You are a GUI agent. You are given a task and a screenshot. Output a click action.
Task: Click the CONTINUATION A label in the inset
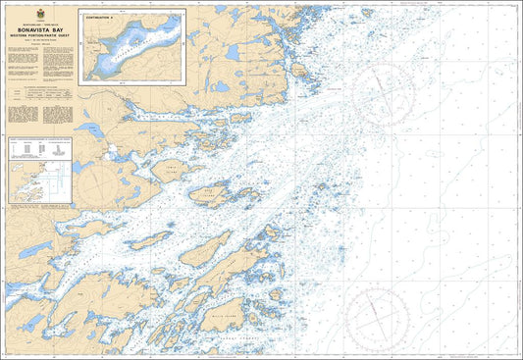pyautogui.click(x=101, y=18)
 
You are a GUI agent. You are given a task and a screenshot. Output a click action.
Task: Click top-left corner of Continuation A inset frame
pyautogui.click(x=78, y=11)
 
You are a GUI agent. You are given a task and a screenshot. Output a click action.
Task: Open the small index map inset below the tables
pyautogui.click(x=40, y=182)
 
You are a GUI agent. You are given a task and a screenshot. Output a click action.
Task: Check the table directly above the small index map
pyautogui.click(x=40, y=148)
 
